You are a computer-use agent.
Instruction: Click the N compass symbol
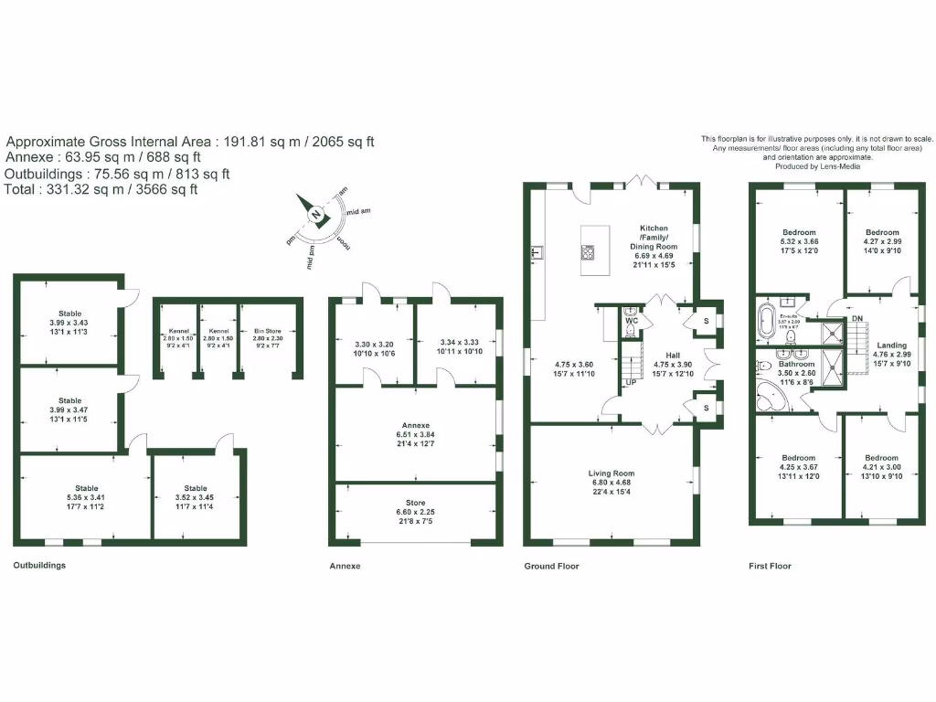[x=315, y=216]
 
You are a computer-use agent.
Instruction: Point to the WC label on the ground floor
[x=632, y=322]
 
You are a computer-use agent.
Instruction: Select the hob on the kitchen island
[x=587, y=252]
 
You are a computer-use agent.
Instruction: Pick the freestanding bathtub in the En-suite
[x=765, y=323]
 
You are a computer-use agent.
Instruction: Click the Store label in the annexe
[x=415, y=503]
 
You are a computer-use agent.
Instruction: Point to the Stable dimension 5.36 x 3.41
[x=87, y=497]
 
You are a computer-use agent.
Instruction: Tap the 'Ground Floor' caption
[x=551, y=566]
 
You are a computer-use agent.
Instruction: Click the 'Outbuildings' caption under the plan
[x=39, y=565]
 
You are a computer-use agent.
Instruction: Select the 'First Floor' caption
[x=770, y=566]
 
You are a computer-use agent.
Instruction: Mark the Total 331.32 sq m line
[x=101, y=189]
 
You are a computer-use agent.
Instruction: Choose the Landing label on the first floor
[x=891, y=346]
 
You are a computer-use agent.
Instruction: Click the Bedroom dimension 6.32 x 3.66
[x=798, y=241]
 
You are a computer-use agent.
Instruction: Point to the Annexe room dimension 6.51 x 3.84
[x=415, y=435]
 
